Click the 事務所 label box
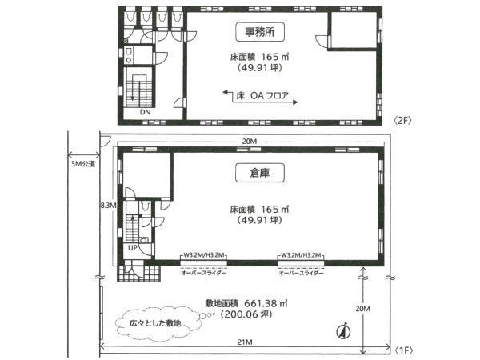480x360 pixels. (260, 32)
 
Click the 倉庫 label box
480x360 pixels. (260, 173)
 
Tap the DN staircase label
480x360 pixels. (145, 112)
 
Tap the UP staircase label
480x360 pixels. (133, 248)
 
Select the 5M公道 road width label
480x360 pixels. (83, 164)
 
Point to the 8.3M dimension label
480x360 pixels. (108, 206)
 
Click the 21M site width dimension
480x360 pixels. (246, 342)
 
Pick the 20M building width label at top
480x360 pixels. (250, 142)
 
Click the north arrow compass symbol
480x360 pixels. (343, 331)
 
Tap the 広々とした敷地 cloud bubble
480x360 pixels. (156, 323)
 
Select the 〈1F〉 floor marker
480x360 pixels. (404, 350)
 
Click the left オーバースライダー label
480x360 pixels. (203, 273)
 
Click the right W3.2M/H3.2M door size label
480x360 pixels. (301, 255)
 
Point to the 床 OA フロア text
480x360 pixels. (262, 95)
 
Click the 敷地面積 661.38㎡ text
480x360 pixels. (246, 303)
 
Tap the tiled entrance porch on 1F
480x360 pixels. (138, 270)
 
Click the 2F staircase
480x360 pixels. (139, 87)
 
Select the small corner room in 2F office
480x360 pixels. (354, 30)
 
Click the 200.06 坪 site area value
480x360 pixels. (246, 314)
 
